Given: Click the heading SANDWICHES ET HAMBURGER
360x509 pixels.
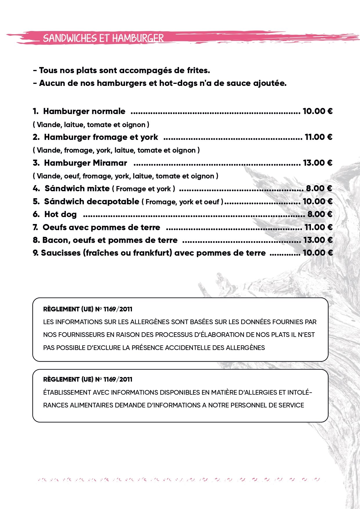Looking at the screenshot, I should click(x=103, y=38).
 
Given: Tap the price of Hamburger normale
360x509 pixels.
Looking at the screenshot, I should click(x=317, y=111).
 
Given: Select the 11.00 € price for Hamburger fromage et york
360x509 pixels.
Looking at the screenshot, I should click(x=318, y=137).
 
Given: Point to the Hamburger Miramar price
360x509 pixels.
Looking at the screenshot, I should click(x=317, y=163).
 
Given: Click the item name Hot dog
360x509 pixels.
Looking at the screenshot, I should click(x=60, y=214).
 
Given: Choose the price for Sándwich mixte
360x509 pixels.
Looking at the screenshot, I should click(x=319, y=188).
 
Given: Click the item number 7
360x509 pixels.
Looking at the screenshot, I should click(x=35, y=227).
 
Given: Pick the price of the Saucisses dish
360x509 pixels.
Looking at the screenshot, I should click(x=317, y=253).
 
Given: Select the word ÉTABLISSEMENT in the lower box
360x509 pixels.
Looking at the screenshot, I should click(x=67, y=392).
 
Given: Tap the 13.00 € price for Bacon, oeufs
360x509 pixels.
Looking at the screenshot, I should click(x=318, y=240).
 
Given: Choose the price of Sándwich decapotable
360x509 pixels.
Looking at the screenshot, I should click(x=317, y=201).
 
